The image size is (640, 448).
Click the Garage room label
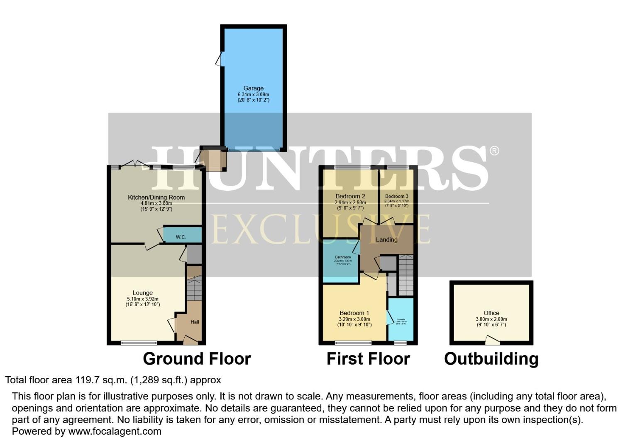(x=253, y=88)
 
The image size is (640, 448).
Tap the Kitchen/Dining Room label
(x=156, y=197)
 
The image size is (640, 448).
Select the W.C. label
(x=181, y=237)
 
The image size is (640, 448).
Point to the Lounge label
(x=142, y=293)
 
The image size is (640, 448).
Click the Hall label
(x=195, y=322)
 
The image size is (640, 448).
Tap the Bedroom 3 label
(x=396, y=196)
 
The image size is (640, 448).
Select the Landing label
(x=386, y=240)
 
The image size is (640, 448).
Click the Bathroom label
(x=343, y=257)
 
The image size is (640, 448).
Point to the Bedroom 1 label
(x=354, y=313)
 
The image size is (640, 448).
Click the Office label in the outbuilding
(x=491, y=313)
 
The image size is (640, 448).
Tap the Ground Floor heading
(x=197, y=359)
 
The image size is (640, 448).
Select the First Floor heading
(x=368, y=359)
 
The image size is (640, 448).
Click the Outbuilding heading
(x=491, y=359)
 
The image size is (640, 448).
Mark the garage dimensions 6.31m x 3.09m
(x=253, y=94)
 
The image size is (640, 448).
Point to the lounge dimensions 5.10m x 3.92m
(x=142, y=299)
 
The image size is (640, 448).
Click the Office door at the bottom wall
(x=492, y=341)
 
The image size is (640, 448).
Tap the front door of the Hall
(x=190, y=341)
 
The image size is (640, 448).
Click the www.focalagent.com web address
(x=115, y=431)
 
